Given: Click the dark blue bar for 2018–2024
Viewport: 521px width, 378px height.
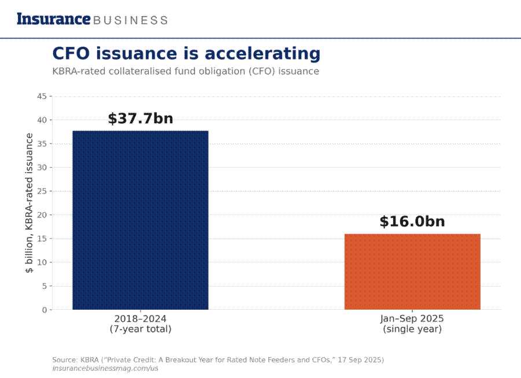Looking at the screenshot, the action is tap(141, 220).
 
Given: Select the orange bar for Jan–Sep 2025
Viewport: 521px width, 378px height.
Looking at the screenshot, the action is tap(412, 272).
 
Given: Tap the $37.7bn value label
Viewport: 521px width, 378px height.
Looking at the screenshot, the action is tap(141, 118).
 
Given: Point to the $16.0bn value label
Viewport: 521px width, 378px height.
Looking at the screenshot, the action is tap(412, 221).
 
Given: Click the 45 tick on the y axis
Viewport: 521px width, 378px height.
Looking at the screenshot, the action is tap(42, 97).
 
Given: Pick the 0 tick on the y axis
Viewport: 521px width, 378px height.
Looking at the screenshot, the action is tap(45, 310).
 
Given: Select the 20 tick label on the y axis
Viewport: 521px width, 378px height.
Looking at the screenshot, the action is tap(42, 215).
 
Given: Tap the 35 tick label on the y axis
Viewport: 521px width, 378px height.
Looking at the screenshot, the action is tap(42, 144).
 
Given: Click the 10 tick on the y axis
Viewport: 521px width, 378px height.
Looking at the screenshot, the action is tap(42, 262).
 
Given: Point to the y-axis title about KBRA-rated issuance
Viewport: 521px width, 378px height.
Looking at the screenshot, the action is tap(29, 203).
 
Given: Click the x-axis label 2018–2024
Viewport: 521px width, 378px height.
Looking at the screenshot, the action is tap(140, 319).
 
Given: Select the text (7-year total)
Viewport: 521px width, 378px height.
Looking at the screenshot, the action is tap(141, 329).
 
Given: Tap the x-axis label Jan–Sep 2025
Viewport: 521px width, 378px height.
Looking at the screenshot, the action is tap(412, 319).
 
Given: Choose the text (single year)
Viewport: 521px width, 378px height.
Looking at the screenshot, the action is tap(412, 329).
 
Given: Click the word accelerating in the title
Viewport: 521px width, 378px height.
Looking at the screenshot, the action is tap(263, 54).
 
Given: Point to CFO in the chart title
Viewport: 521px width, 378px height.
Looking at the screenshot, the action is tap(71, 54).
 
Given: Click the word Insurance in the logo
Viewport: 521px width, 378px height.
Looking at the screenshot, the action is tap(54, 18).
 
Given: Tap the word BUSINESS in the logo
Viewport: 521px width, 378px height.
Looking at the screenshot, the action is tap(131, 20).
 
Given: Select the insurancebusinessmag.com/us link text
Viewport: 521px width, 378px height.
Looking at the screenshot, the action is tap(105, 368).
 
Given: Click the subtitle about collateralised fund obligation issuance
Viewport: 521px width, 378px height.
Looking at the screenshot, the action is tap(186, 72).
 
